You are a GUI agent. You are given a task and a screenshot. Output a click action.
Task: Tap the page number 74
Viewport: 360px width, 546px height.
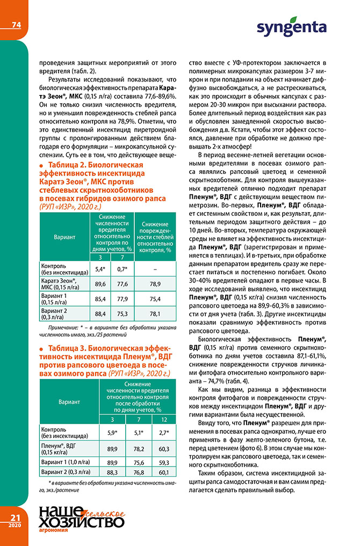pos(16,25)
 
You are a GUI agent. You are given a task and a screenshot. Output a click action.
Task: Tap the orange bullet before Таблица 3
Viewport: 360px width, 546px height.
pos(42,348)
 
